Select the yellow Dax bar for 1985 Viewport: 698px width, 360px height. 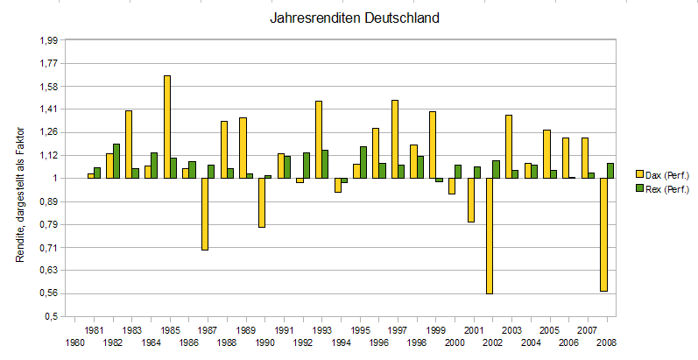tap(166, 127)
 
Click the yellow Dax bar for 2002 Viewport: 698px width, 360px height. tap(489, 236)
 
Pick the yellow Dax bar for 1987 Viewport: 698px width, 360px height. tap(205, 214)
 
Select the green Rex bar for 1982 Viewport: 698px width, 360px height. tap(116, 161)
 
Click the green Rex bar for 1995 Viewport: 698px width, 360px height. tap(363, 162)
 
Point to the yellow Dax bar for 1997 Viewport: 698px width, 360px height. tap(395, 139)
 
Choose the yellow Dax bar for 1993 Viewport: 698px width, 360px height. tap(319, 139)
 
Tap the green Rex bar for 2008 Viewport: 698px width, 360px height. tap(610, 171)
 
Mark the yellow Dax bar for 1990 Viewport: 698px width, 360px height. tap(262, 202)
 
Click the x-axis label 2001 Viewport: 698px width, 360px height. tap(473, 329)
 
